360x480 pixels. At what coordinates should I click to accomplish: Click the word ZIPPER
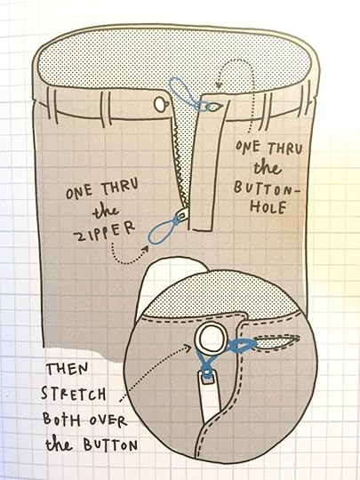[x=104, y=232]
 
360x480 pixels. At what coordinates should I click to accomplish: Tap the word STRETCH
[x=74, y=394]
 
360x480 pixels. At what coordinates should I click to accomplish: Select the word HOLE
[x=268, y=207]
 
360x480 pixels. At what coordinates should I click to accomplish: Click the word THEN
[x=67, y=369]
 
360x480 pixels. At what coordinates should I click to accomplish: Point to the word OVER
[x=108, y=421]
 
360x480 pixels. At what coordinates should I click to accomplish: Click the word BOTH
[x=61, y=420]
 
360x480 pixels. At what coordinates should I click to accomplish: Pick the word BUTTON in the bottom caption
[x=110, y=445]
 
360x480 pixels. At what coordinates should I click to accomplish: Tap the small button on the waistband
[x=161, y=104]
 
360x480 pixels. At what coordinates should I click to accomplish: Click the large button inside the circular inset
[x=211, y=340]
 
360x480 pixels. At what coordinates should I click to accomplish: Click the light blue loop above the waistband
[x=181, y=91]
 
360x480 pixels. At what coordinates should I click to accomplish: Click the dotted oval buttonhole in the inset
[x=277, y=342]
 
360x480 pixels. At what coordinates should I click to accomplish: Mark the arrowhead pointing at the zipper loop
[x=145, y=249]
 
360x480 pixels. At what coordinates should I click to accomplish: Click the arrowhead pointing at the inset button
[x=188, y=348]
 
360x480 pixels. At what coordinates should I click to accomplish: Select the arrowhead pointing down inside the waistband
[x=219, y=84]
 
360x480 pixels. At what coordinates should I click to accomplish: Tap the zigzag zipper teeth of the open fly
[x=180, y=164]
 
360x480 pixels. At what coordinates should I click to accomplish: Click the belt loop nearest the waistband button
[x=106, y=109]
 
